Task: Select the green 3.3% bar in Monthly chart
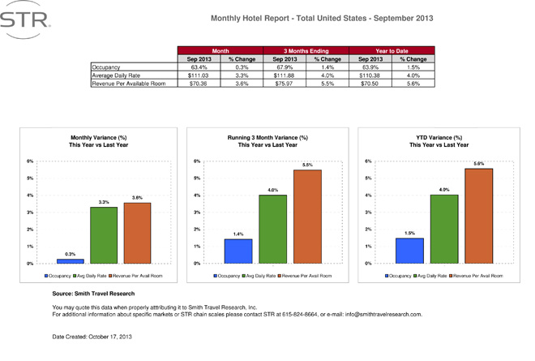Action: [104, 235]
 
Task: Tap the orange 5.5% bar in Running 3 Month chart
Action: [307, 217]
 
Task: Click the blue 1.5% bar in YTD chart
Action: [409, 251]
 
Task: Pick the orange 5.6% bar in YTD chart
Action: [478, 216]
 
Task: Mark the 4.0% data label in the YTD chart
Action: [443, 189]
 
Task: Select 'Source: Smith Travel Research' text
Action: [93, 293]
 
